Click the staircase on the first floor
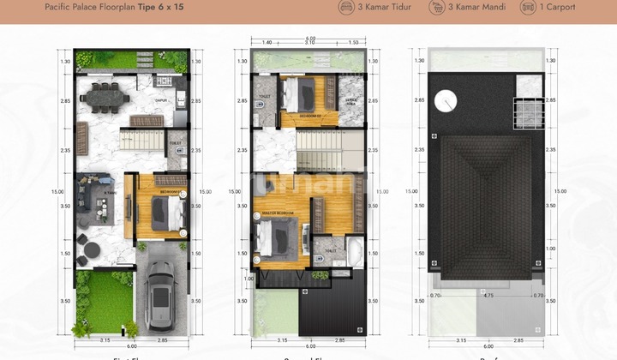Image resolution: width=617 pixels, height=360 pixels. [142, 140]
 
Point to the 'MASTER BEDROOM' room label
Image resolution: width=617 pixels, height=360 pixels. [276, 213]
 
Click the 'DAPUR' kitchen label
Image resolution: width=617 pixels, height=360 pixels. [159, 100]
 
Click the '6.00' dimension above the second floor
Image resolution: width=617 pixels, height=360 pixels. [310, 37]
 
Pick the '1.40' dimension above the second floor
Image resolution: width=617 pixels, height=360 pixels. [267, 42]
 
